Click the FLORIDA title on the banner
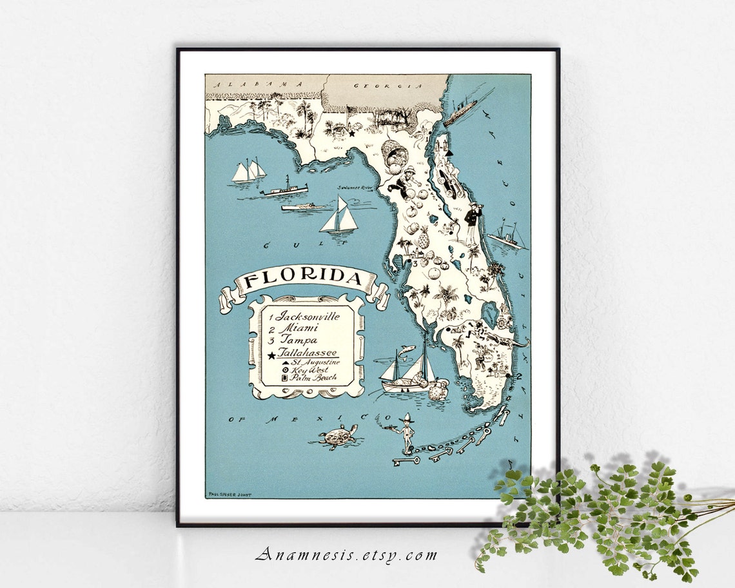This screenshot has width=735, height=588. tap(302, 279)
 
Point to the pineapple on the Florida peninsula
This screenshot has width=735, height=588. tap(424, 238)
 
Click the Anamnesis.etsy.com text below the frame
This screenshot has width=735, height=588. tap(346, 554)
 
